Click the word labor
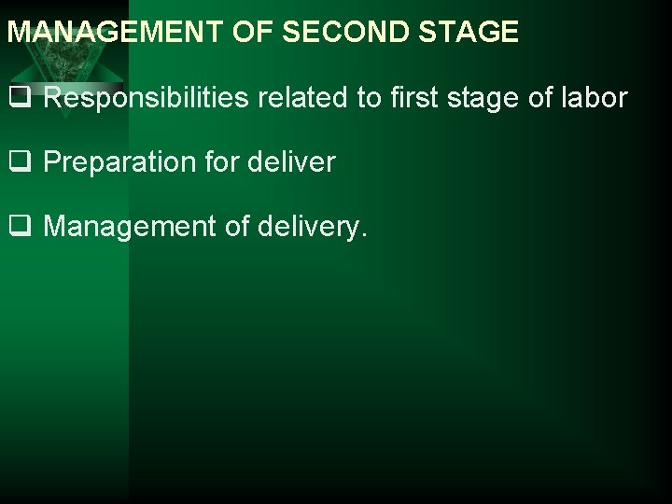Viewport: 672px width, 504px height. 596,97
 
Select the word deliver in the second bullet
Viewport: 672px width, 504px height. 293,161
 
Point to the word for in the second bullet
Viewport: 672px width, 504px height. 225,161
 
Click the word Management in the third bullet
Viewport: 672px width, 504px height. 130,226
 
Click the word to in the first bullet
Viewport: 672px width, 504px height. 369,97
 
